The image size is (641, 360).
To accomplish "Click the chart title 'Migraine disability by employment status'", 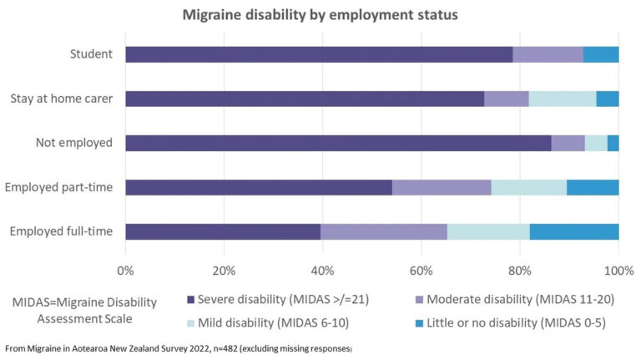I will tap(320, 15).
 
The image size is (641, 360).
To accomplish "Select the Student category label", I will tap(92, 54).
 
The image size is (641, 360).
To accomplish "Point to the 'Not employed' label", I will tap(74, 143).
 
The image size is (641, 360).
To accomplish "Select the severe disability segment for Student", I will tap(319, 54).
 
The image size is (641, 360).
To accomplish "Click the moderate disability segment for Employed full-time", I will tap(384, 231).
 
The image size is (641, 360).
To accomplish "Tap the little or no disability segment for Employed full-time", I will tap(574, 231).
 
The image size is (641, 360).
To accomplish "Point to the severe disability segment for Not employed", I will tap(338, 143).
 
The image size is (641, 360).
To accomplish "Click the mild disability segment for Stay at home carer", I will tap(563, 99).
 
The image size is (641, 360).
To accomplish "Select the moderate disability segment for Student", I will tap(548, 54).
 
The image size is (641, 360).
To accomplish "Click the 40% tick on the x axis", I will tap(322, 271).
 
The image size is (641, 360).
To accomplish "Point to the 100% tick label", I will tap(618, 271).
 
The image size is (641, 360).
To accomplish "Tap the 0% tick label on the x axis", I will tap(125, 271).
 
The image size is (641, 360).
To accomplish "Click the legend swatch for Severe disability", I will tap(191, 299).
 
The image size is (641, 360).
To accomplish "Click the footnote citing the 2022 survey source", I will tap(179, 347).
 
